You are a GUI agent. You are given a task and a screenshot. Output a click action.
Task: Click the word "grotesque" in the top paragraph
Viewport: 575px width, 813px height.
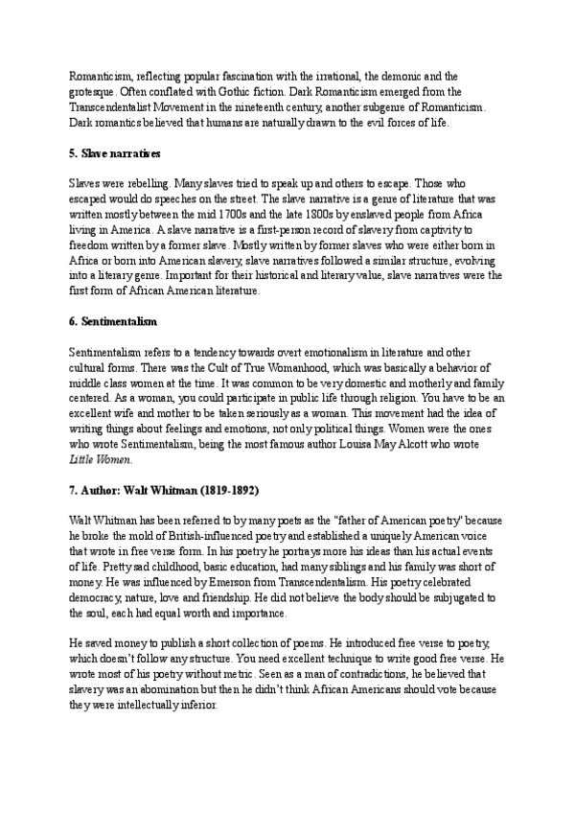[93, 91]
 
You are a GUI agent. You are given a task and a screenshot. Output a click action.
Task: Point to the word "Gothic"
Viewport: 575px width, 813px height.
[258, 91]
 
